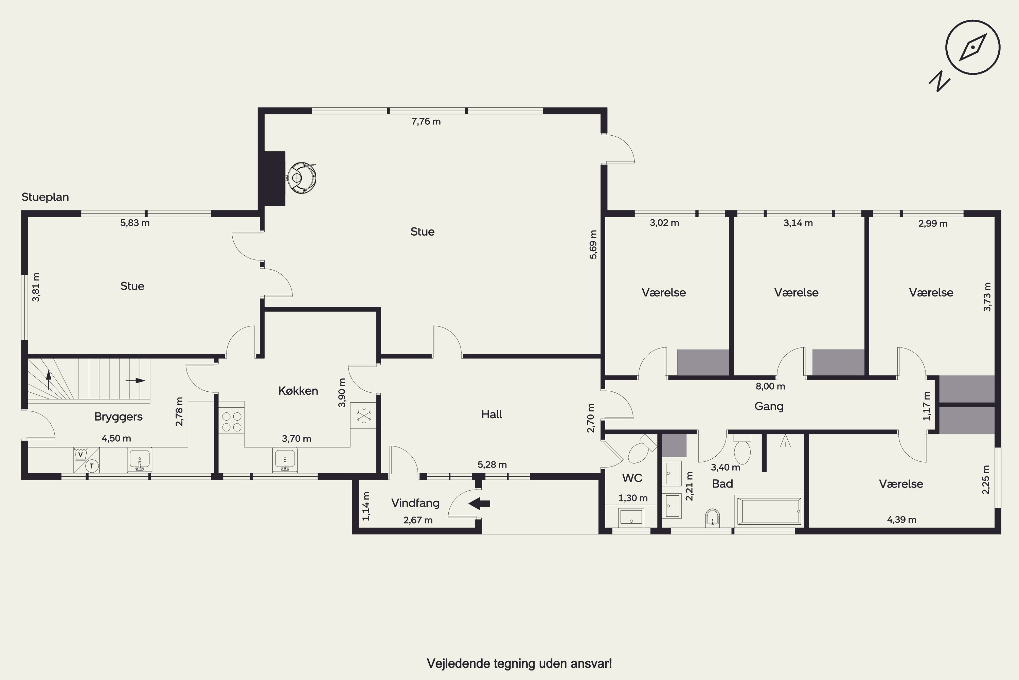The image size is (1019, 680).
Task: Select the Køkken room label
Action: click(298, 391)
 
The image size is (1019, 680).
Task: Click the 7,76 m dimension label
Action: click(426, 121)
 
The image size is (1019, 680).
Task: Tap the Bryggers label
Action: click(118, 417)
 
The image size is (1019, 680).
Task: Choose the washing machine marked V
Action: click(80, 455)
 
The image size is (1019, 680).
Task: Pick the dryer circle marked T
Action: click(91, 466)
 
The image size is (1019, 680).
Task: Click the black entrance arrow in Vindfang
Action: click(479, 504)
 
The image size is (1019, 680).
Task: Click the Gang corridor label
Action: click(769, 406)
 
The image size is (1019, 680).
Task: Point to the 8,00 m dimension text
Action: click(770, 386)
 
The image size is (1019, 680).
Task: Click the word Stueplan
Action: click(45, 197)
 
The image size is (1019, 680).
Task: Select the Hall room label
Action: click(491, 414)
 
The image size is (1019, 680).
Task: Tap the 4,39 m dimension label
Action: click(901, 520)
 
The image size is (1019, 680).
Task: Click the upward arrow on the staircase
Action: click(49, 379)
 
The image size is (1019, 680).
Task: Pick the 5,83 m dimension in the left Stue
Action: click(135, 223)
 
